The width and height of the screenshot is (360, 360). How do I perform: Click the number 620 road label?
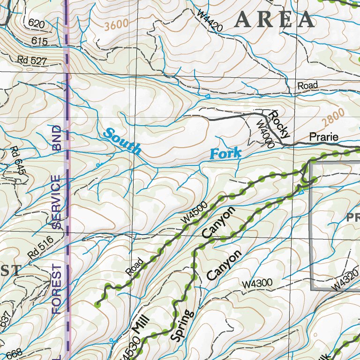(37, 22)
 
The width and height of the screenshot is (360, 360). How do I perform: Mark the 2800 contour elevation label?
(333, 118)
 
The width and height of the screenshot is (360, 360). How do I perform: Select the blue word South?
(122, 141)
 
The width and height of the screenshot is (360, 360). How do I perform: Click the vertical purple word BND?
(57, 137)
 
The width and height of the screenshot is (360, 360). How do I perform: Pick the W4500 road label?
(194, 216)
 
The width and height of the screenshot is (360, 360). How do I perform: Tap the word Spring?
(182, 325)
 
